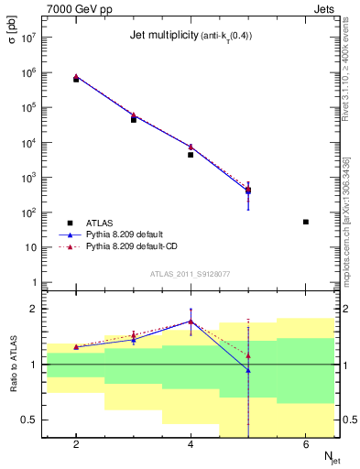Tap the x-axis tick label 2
tap(76, 445)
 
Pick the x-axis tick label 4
tap(191, 445)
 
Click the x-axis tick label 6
tap(306, 445)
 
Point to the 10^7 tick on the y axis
tap(27, 38)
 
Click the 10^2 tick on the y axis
tap(27, 213)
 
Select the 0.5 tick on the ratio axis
tap(27, 420)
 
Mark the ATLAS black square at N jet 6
tap(306, 222)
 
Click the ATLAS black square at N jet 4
tap(191, 155)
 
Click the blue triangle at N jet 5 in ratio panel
tap(248, 370)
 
